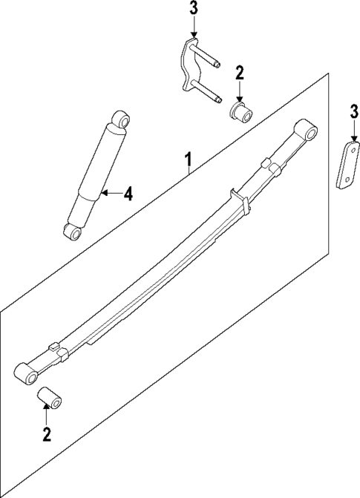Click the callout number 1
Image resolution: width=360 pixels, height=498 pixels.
[189, 159]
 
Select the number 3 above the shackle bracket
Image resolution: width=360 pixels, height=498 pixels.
[194, 10]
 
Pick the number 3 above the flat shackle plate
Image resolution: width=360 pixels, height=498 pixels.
[354, 113]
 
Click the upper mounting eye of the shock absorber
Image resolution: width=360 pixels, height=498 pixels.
[122, 119]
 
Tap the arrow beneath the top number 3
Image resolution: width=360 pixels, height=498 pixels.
[194, 30]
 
